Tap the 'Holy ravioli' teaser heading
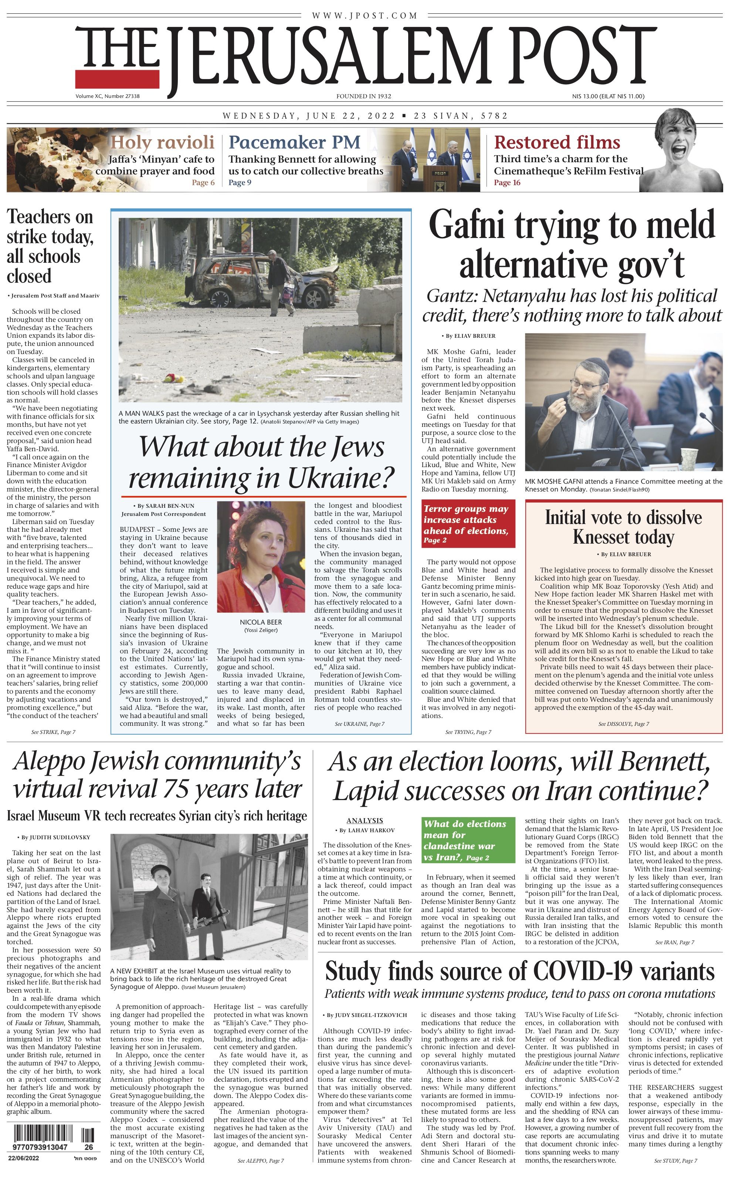click(162, 142)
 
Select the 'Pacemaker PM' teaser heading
click(295, 142)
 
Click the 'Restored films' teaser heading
click(557, 142)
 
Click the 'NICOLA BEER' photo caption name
click(261, 622)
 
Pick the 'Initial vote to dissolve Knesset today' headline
click(623, 527)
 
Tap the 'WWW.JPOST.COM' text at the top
click(365, 16)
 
